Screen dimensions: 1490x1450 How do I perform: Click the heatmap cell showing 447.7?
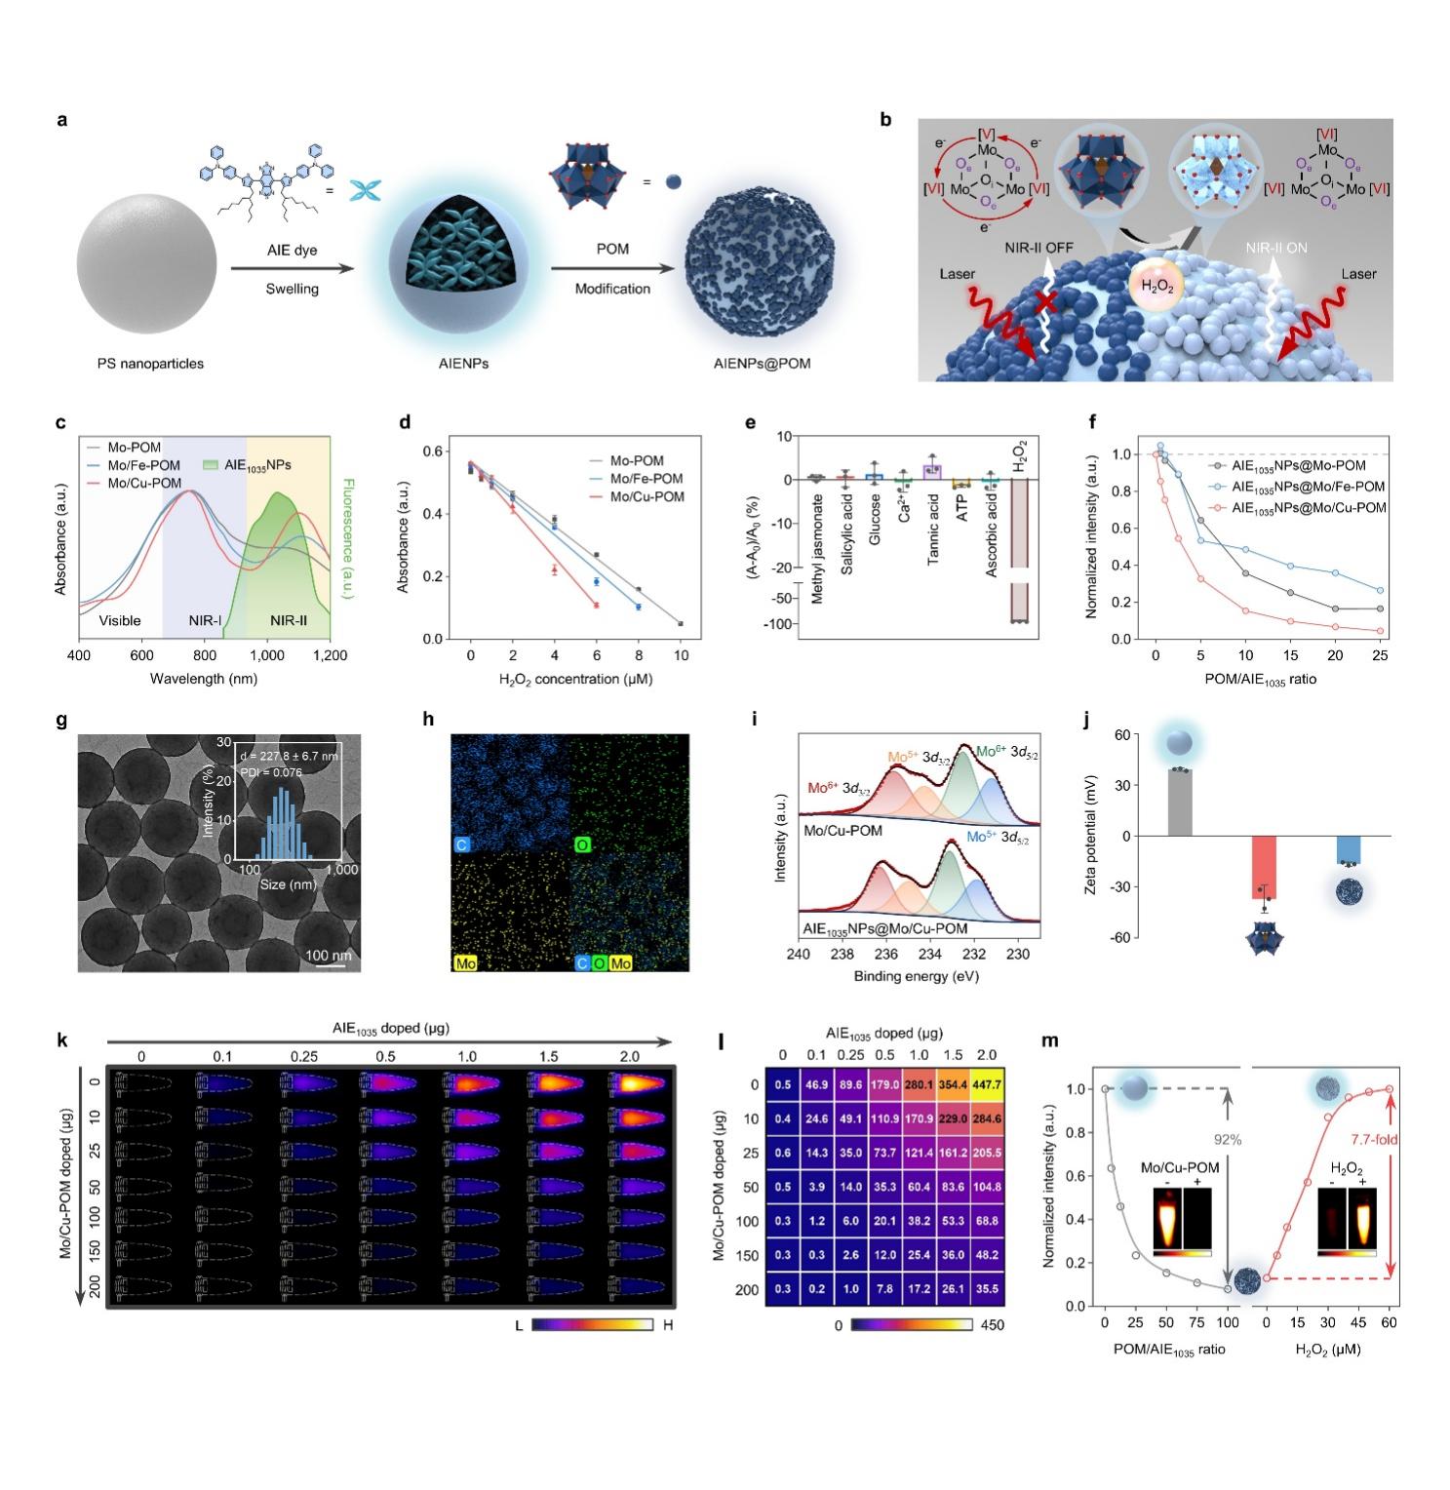[986, 1085]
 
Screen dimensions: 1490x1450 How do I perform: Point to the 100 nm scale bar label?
[329, 955]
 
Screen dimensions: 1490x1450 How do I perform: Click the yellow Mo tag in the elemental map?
[466, 963]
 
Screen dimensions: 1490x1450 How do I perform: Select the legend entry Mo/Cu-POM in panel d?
[647, 497]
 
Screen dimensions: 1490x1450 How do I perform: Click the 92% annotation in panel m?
[1228, 1138]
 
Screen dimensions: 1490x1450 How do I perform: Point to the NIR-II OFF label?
[1039, 248]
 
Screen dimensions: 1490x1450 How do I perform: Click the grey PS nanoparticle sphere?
[147, 268]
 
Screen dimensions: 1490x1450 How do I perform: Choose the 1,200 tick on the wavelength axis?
[331, 656]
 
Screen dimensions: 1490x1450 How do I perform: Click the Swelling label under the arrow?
[293, 289]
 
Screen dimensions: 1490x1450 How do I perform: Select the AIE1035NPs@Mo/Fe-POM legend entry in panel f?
[1308, 487]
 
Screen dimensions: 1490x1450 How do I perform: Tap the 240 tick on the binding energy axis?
[799, 955]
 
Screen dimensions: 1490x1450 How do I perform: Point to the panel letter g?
[62, 721]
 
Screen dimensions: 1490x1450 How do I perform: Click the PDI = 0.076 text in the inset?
[270, 772]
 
